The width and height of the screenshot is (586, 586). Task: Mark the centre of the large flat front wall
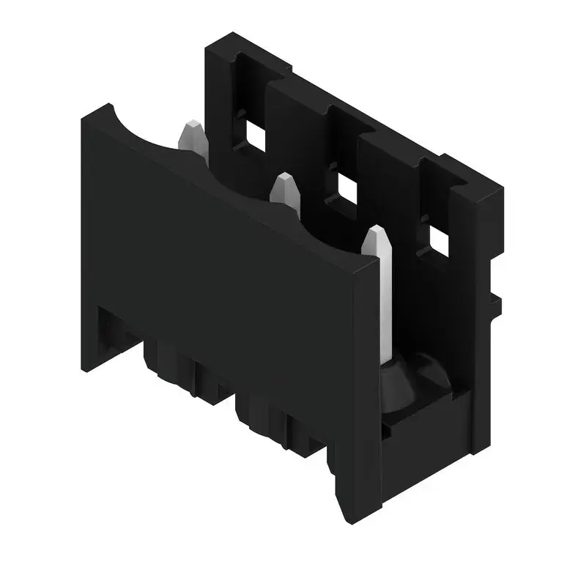[220, 242]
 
